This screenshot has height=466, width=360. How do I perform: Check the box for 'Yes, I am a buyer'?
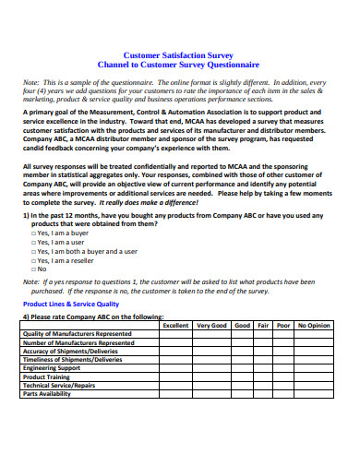[33, 234]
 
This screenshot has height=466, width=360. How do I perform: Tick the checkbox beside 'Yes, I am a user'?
[33, 243]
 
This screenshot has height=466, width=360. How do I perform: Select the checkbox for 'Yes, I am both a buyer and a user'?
[33, 251]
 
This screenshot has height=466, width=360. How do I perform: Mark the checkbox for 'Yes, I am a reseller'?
[33, 260]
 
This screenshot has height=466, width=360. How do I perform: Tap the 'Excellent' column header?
[175, 325]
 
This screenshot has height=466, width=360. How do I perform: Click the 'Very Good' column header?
[211, 325]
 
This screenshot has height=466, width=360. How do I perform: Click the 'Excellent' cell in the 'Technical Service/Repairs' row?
[175, 385]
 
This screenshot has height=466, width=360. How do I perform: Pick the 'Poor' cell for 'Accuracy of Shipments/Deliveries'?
[284, 351]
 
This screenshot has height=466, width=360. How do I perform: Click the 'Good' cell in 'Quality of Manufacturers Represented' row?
[242, 333]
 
